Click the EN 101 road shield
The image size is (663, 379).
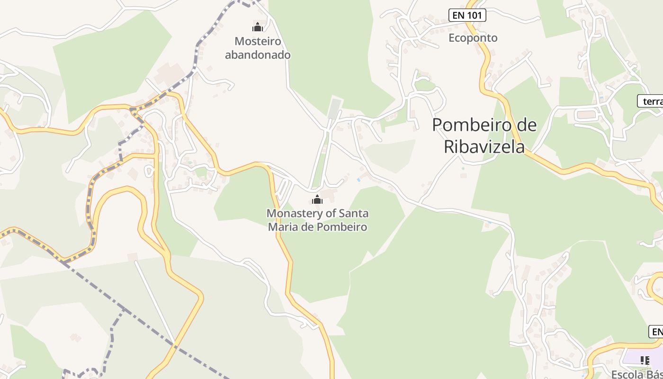click(467, 15)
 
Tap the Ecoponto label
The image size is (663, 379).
click(473, 38)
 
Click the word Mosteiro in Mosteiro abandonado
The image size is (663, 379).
click(258, 41)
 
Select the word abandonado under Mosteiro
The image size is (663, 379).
click(258, 54)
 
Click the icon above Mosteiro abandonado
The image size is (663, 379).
click(258, 27)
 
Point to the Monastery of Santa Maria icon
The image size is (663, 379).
click(317, 199)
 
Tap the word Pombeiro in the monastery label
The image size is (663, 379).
click(343, 227)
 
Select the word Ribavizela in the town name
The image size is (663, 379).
click(484, 147)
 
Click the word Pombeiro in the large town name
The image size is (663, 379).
click(466, 125)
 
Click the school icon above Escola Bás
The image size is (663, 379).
click(645, 361)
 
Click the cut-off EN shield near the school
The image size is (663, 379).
click(656, 332)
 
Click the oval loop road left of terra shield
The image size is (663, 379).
click(587, 115)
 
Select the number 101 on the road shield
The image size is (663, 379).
click(474, 15)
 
